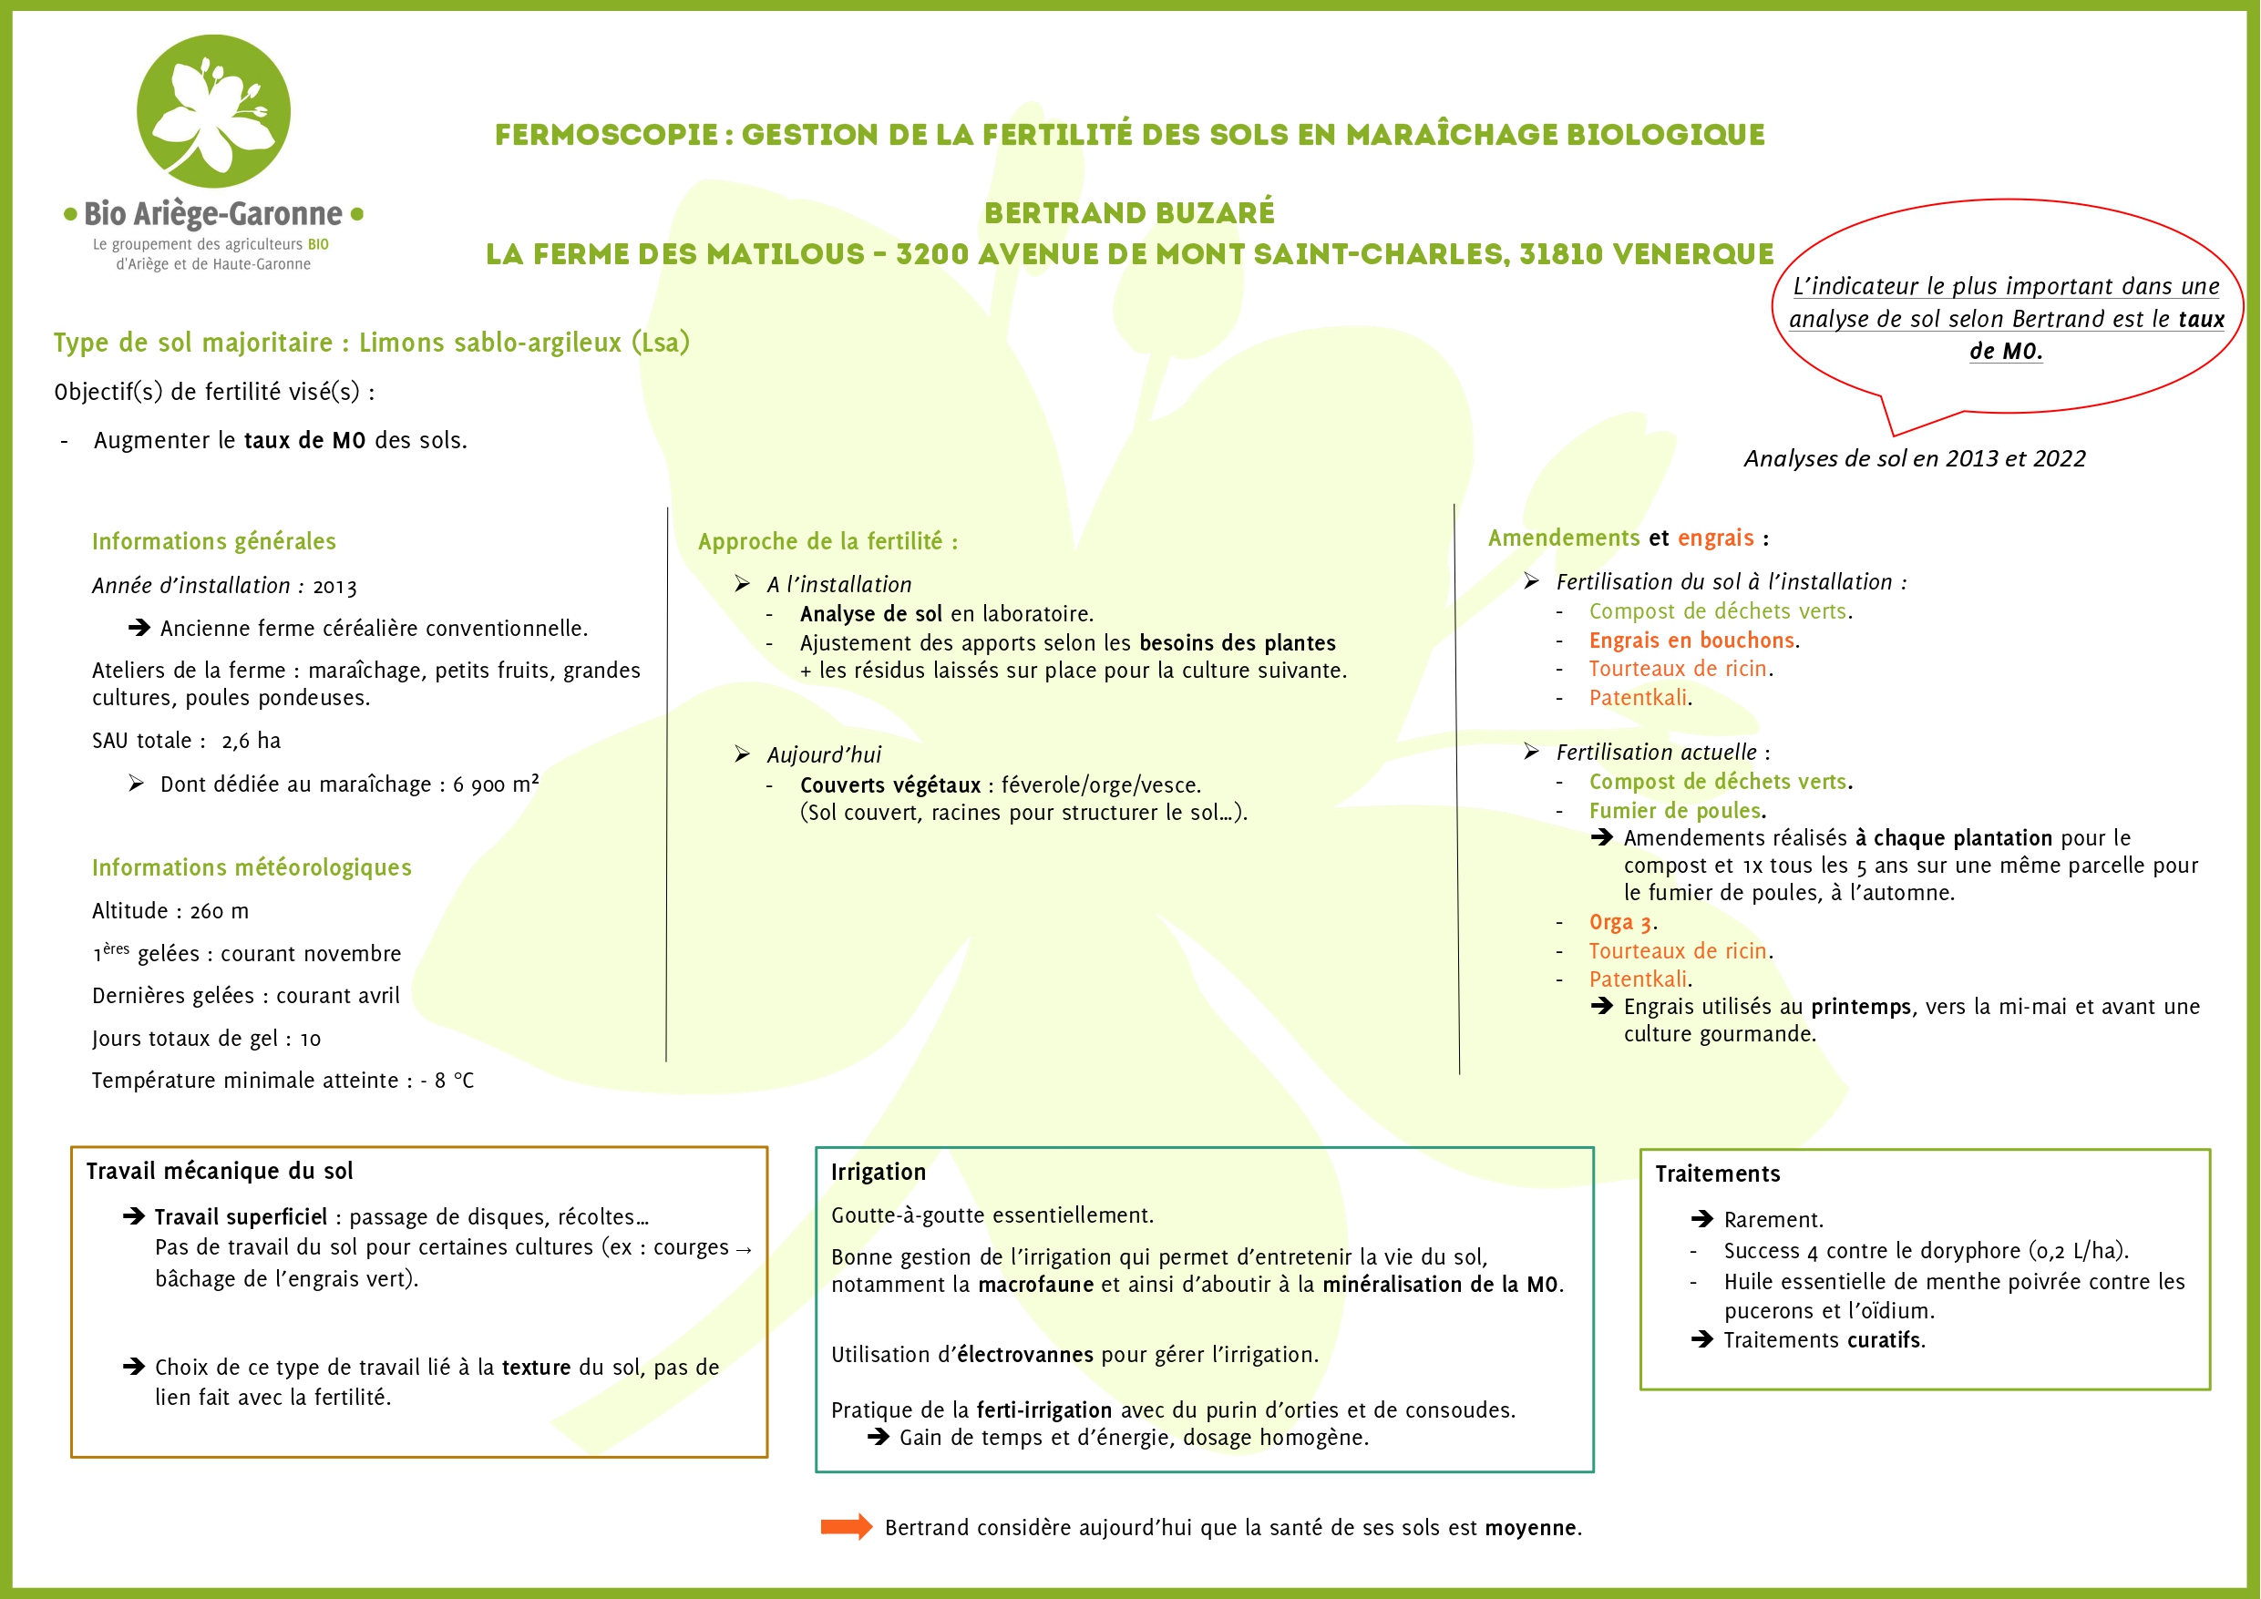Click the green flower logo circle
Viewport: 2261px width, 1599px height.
pyautogui.click(x=212, y=111)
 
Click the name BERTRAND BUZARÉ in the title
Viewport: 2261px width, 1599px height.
pyautogui.click(x=1128, y=212)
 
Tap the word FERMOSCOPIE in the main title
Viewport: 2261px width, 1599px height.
pyautogui.click(x=606, y=135)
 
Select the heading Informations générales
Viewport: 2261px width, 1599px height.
pyautogui.click(x=213, y=541)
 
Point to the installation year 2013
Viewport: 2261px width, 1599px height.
pyautogui.click(x=334, y=587)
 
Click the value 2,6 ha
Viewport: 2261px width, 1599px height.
pyautogui.click(x=252, y=742)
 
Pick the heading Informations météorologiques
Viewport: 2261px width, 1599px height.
pyautogui.click(x=252, y=867)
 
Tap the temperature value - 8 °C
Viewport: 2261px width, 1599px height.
pyautogui.click(x=447, y=1081)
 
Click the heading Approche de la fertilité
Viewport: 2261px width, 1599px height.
pyautogui.click(x=827, y=541)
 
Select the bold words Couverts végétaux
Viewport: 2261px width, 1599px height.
pyautogui.click(x=890, y=785)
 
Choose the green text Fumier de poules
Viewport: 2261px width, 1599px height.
pyautogui.click(x=1675, y=811)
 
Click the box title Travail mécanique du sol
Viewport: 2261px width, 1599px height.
pyautogui.click(x=219, y=1172)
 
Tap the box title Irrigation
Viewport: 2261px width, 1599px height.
pyautogui.click(x=879, y=1173)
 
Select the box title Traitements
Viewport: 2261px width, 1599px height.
pyautogui.click(x=1718, y=1174)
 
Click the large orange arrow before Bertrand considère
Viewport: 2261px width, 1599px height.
pyautogui.click(x=846, y=1527)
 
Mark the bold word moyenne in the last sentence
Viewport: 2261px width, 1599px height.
pyautogui.click(x=1530, y=1528)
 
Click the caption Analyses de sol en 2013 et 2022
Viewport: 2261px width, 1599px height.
pyautogui.click(x=1915, y=459)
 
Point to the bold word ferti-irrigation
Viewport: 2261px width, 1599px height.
pyautogui.click(x=1043, y=1411)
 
